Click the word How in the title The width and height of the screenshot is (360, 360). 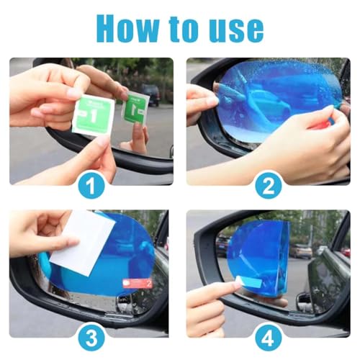click(x=127, y=28)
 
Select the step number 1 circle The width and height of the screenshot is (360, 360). click(x=91, y=185)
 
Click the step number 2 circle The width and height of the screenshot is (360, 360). click(x=269, y=185)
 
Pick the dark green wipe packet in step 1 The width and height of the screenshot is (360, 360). click(x=135, y=108)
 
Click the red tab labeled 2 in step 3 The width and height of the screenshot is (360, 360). click(x=138, y=284)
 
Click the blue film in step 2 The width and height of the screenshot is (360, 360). click(x=279, y=102)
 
